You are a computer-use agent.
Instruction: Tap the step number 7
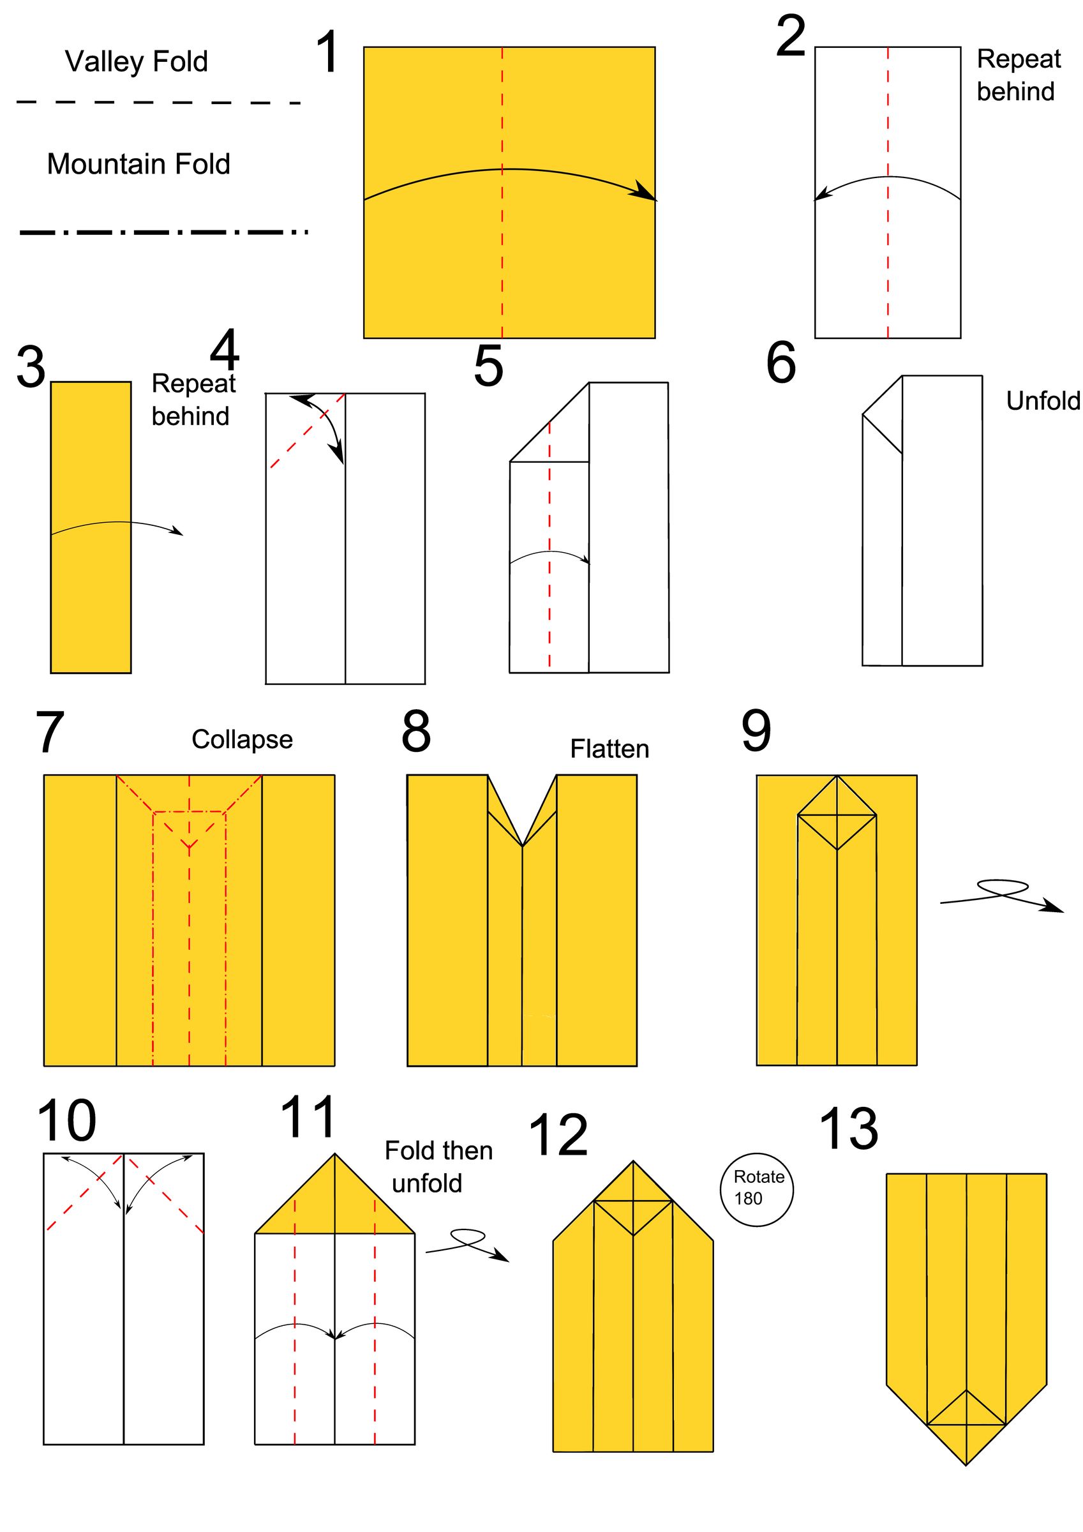49,733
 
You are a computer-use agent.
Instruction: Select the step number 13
848,1129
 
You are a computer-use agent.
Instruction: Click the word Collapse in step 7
242,739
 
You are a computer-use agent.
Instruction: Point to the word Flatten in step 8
609,749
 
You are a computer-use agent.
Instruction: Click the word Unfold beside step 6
1042,401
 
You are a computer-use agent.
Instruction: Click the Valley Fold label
136,61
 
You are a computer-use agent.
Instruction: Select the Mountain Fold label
138,163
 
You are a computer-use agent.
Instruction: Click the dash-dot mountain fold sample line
163,232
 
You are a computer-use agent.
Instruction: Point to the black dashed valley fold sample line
158,103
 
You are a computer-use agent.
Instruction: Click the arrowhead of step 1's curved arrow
646,192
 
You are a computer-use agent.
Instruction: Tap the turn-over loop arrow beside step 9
1001,894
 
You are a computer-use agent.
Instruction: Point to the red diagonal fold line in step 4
307,430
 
